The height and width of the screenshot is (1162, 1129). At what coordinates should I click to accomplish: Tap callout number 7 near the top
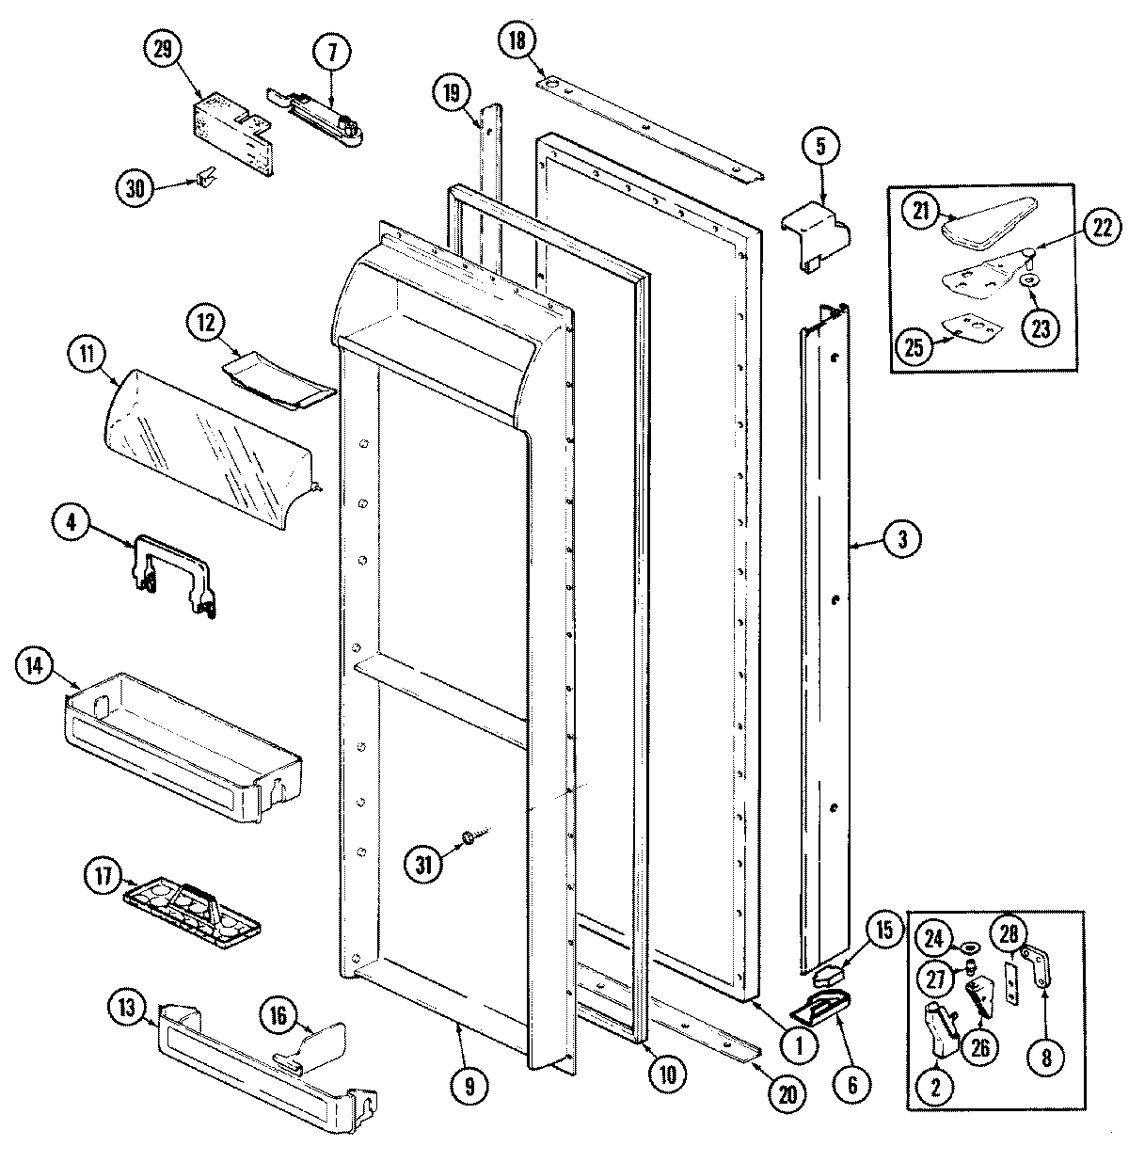pyautogui.click(x=332, y=54)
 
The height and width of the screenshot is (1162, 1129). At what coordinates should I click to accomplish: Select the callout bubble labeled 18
pyautogui.click(x=517, y=40)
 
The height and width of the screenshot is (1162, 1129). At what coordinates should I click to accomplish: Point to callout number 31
pyautogui.click(x=425, y=864)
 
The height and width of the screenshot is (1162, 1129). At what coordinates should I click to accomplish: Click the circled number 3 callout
pyautogui.click(x=901, y=538)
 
